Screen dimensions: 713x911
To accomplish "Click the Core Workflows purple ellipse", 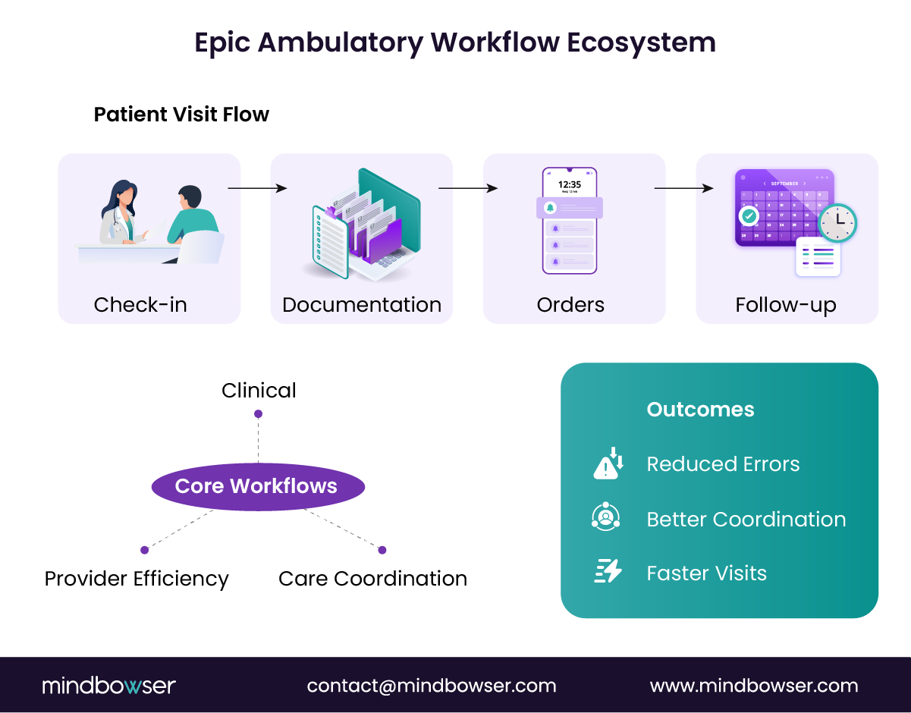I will [258, 486].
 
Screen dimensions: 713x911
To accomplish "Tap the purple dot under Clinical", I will [258, 414].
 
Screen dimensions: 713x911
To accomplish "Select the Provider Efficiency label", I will [137, 579].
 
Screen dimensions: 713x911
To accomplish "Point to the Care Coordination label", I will [372, 579].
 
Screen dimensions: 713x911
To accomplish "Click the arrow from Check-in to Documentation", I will [257, 188].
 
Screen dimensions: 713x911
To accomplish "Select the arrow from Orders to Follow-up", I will [683, 188].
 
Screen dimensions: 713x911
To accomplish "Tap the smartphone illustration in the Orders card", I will [570, 221].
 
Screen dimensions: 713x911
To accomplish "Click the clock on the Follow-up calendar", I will [837, 223].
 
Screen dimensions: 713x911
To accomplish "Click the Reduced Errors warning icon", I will [608, 463].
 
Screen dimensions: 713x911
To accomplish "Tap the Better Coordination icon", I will [605, 517].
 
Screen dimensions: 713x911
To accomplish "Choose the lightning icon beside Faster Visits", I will [608, 571].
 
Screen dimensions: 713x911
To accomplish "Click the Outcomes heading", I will [700, 410].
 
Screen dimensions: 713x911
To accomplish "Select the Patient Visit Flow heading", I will [181, 115].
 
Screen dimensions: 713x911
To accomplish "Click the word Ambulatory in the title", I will [340, 42].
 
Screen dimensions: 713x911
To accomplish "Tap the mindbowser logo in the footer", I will [108, 686].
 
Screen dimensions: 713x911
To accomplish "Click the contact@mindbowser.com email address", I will [432, 686].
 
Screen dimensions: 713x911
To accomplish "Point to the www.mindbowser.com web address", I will [754, 686].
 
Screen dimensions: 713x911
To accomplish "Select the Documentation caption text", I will [362, 305].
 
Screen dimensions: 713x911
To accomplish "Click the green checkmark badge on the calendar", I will [749, 216].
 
